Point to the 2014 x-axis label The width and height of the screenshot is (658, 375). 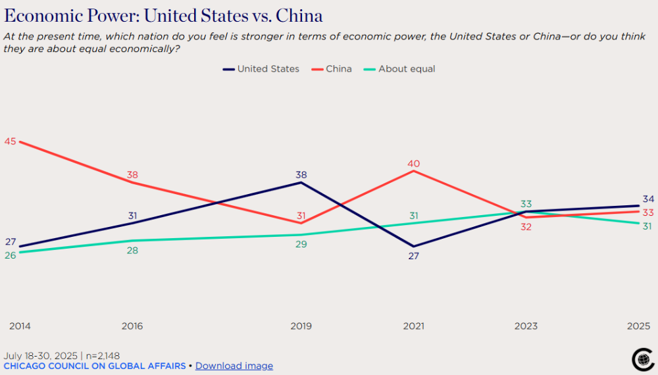[x=20, y=326]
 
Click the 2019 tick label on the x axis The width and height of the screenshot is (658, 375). [x=301, y=326]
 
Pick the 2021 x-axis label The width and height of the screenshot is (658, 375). [x=413, y=326]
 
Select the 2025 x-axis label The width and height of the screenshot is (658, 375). [x=638, y=326]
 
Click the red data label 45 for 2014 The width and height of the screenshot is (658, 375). [x=10, y=141]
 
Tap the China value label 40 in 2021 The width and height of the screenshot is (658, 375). [x=413, y=164]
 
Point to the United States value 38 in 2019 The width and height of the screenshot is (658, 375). [x=301, y=175]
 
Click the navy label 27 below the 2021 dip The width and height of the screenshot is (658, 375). [x=413, y=256]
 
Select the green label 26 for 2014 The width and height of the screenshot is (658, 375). [x=10, y=255]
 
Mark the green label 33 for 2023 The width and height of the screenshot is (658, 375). [x=526, y=204]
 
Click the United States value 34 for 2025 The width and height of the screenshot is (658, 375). [x=648, y=199]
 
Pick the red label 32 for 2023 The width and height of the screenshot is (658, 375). [x=526, y=227]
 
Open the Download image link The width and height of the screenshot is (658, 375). [x=234, y=366]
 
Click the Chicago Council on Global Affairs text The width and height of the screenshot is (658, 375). [x=95, y=366]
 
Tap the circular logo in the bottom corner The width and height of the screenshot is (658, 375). [x=642, y=359]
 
